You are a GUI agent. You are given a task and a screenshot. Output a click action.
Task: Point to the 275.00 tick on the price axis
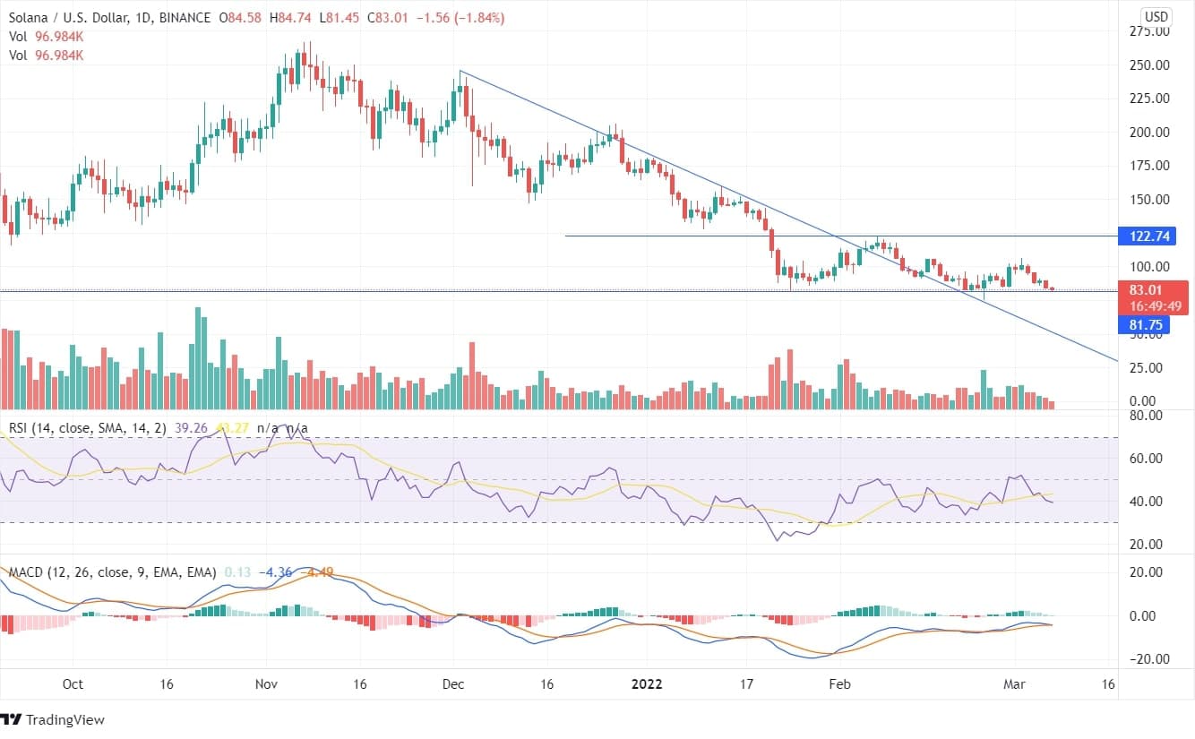[1149, 31]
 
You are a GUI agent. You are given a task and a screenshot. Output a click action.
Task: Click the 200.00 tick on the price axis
[1149, 133]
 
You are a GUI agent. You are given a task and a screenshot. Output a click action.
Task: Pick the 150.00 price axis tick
[1149, 200]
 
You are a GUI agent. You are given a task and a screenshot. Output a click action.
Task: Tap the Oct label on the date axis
[73, 684]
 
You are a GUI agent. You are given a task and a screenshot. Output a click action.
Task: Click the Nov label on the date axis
[265, 684]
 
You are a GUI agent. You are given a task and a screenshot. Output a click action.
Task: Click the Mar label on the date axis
[1012, 684]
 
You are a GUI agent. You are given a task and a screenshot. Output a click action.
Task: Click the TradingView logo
[54, 719]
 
